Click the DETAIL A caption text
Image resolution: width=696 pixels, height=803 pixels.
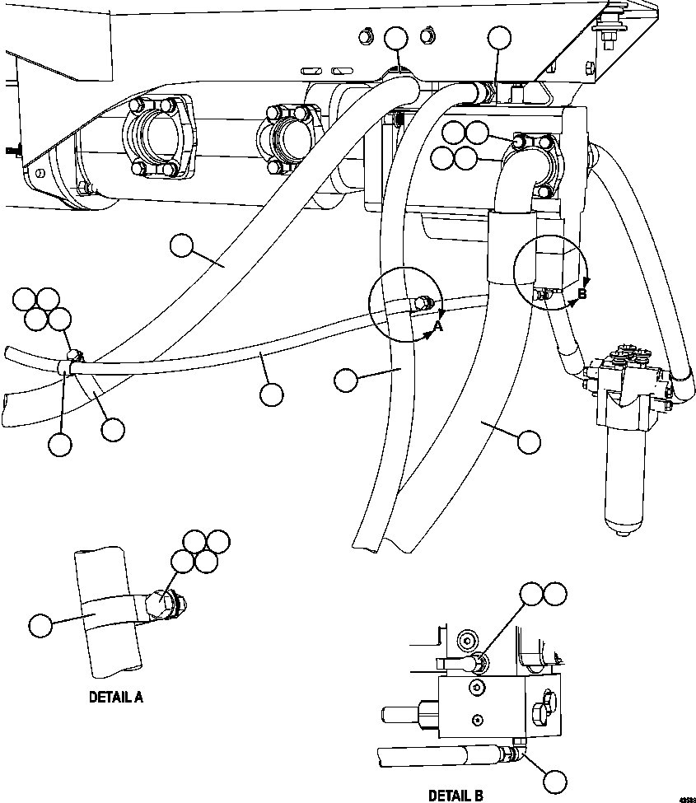click(x=115, y=697)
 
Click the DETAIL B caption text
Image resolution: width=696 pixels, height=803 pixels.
click(x=455, y=796)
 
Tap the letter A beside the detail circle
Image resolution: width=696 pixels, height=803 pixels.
click(x=438, y=327)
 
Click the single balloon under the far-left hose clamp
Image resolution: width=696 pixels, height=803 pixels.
click(x=59, y=444)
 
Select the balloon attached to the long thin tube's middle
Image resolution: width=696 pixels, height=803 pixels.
click(x=271, y=394)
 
